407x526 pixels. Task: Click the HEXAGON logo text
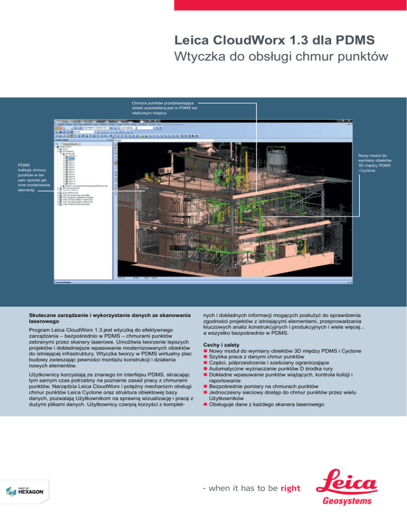pyautogui.click(x=31, y=492)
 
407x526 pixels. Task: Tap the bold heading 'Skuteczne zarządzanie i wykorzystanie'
pyautogui.click(x=110, y=316)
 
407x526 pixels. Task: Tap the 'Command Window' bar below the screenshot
pyautogui.click(x=67, y=283)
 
